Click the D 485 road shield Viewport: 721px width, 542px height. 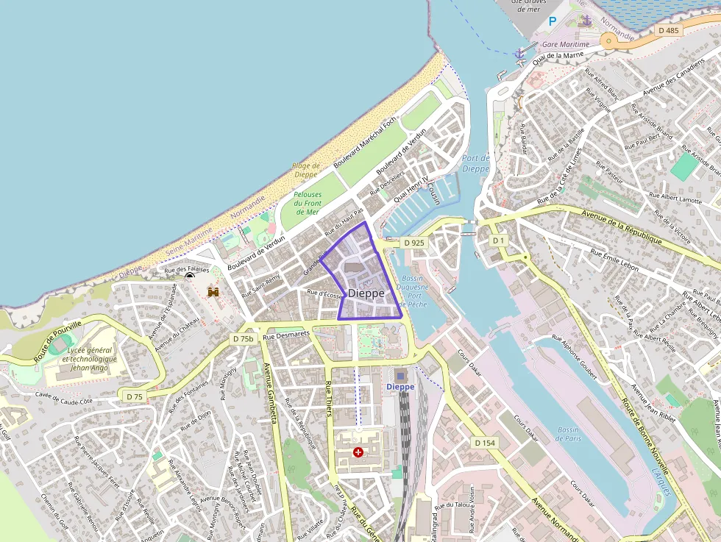click(x=669, y=30)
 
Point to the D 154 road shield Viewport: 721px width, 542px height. click(x=484, y=443)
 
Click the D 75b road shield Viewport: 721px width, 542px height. click(x=243, y=338)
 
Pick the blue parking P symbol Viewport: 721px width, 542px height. click(x=553, y=21)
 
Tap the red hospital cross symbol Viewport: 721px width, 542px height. click(x=358, y=452)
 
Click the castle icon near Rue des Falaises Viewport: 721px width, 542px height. click(x=214, y=292)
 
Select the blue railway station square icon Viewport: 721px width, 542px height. click(x=400, y=375)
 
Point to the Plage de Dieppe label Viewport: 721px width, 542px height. click(x=306, y=170)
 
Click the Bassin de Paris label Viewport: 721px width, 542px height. click(x=568, y=433)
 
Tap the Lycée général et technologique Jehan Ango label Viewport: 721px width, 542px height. click(x=89, y=358)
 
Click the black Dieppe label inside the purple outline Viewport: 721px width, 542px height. click(x=366, y=293)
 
